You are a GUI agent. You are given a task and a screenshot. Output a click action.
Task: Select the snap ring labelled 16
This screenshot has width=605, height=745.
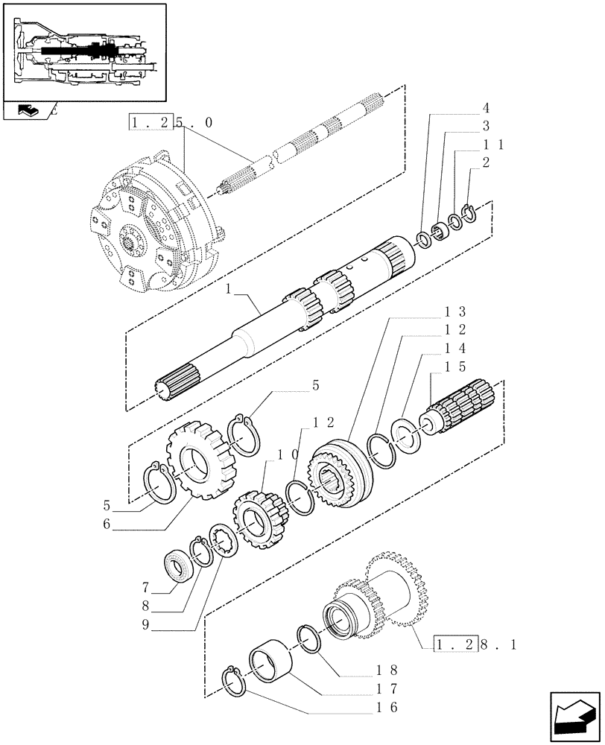[x=237, y=682]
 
